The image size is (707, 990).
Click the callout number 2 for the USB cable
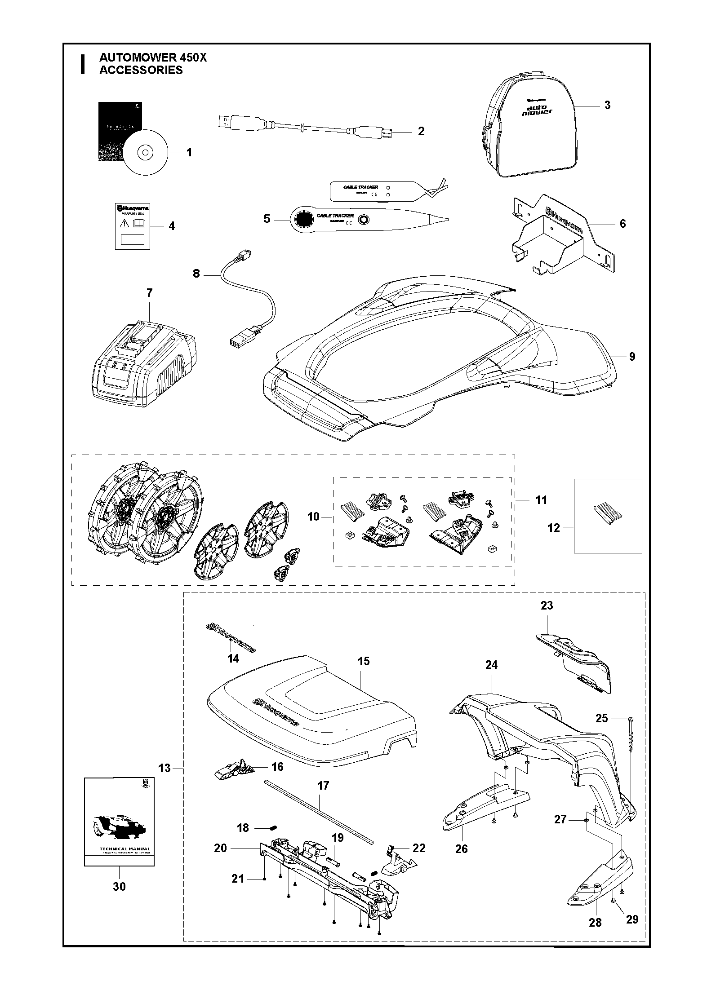421,131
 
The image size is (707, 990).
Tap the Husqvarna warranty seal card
133,225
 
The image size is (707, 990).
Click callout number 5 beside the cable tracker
267,219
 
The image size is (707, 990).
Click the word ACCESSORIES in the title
141,70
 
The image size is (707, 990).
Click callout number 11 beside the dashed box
541,499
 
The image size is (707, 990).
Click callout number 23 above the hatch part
547,605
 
